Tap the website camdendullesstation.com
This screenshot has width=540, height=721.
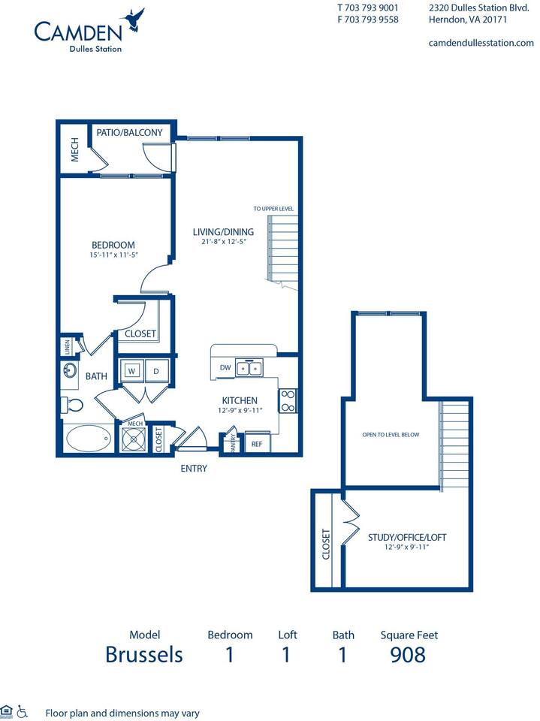coord(481,43)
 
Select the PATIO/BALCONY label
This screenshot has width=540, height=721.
coord(129,133)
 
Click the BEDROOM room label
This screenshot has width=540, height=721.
coord(113,245)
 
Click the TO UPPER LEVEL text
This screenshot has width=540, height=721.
coord(273,209)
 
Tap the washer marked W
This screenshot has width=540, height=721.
coord(131,370)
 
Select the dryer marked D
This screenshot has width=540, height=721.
coord(156,370)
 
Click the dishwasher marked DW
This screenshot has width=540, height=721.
coord(225,367)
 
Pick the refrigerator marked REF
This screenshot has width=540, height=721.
coord(257,444)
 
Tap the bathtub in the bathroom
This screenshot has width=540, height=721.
coord(89,438)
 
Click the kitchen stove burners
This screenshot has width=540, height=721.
coord(288,400)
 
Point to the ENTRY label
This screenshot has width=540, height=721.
coord(193,469)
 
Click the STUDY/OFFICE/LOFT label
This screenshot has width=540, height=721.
coord(406,537)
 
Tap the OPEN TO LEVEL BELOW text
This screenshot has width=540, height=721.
coord(391,435)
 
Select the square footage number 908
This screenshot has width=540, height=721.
coord(408,655)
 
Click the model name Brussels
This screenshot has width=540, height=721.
coord(144,655)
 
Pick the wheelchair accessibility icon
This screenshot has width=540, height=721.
coord(23,710)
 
